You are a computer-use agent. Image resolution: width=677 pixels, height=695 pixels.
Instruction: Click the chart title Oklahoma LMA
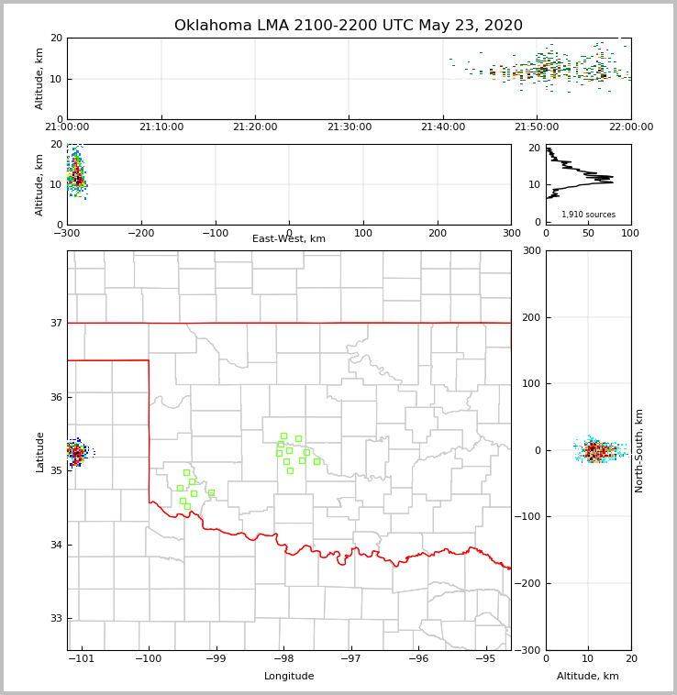click(x=348, y=26)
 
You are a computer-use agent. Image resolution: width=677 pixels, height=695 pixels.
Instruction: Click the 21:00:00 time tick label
click(x=67, y=127)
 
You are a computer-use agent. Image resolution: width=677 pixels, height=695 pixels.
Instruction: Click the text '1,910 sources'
click(x=588, y=215)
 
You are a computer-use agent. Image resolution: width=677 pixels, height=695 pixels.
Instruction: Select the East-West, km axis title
click(x=289, y=239)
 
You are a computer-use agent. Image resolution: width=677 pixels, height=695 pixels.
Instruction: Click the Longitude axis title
click(x=289, y=677)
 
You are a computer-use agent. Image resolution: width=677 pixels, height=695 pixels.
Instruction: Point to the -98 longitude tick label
click(x=283, y=659)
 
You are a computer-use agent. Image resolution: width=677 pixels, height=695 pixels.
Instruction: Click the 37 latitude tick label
click(x=55, y=323)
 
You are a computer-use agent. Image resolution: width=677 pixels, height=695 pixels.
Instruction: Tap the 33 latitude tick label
click(x=55, y=618)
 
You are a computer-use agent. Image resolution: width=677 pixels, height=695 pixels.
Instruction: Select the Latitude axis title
click(x=39, y=451)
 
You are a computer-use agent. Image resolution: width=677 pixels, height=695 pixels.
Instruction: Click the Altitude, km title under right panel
click(x=588, y=677)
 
